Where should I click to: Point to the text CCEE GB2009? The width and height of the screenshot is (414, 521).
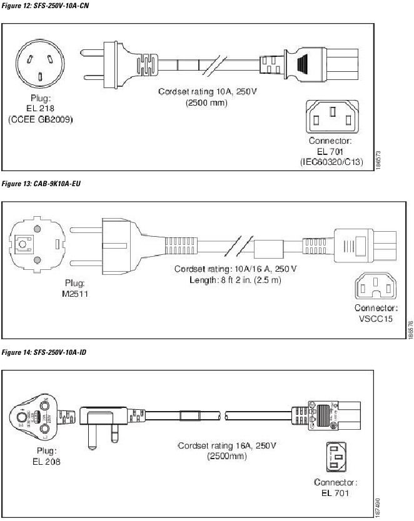coord(40,119)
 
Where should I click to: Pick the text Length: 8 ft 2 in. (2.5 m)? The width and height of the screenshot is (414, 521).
coord(236,279)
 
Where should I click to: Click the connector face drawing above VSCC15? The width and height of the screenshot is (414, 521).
coord(375,287)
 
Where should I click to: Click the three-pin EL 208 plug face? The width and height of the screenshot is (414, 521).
coord(39,418)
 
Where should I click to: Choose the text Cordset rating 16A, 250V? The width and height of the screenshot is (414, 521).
coord(226,445)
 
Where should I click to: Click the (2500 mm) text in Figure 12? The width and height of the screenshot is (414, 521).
coord(206,102)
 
